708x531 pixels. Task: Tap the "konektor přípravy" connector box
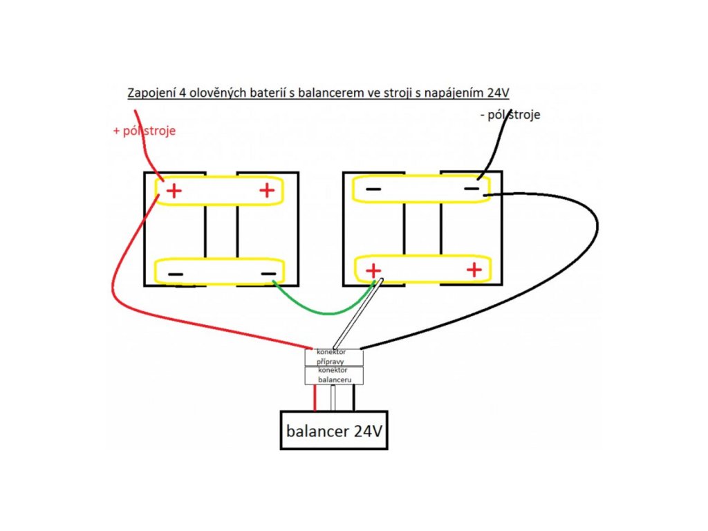pos(334,357)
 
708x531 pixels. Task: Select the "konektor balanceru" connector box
pos(334,375)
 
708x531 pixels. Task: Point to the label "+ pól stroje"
pos(144,131)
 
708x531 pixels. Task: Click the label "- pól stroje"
pos(509,115)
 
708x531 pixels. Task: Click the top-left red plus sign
pos(174,191)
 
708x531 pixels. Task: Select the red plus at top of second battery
pos(267,191)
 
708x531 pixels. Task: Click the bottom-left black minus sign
pos(176,274)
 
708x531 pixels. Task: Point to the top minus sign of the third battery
pos(373,189)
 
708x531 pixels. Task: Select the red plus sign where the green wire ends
pos(373,270)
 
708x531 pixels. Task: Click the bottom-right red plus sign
pos(474,270)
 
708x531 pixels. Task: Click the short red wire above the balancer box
pos(315,398)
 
